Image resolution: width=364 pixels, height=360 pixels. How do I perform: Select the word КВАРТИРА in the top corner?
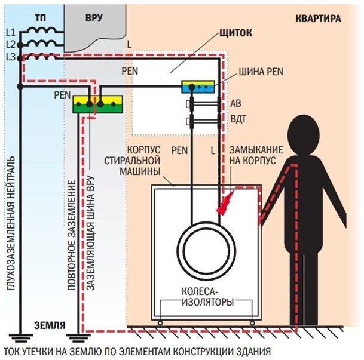tap(318, 19)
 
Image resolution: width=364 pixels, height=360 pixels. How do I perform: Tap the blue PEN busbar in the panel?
tap(198, 87)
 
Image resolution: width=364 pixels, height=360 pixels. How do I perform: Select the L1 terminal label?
tap(9, 31)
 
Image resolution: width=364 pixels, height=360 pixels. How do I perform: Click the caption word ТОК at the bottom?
tap(13, 350)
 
